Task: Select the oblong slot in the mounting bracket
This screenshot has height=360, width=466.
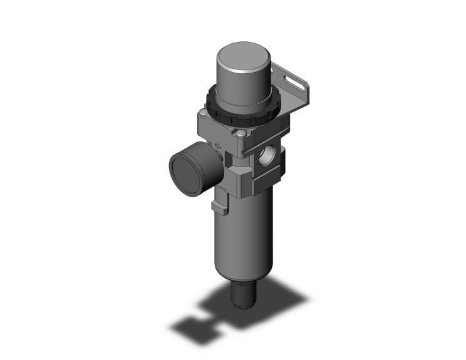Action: pos(292,80)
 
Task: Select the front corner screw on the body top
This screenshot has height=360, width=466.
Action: pos(242,133)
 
